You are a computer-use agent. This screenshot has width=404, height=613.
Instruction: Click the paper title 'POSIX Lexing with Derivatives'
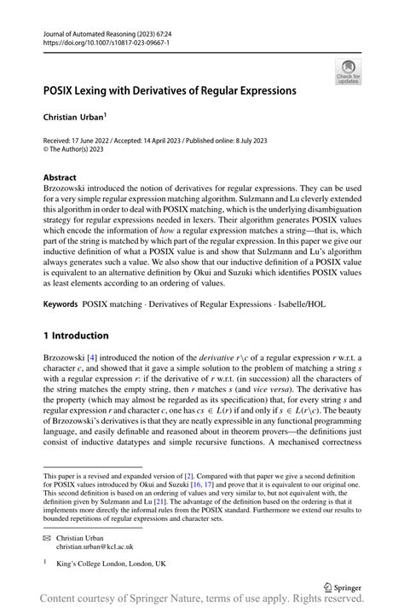[170, 90]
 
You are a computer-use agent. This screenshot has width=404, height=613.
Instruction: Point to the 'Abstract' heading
[63, 177]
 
